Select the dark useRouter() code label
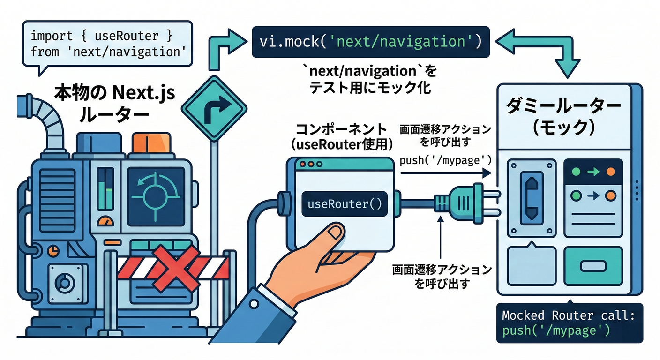coord(345,204)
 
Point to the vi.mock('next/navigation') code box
coord(370,42)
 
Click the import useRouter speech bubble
coord(107,44)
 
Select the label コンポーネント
coord(342,129)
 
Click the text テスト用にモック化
coord(370,87)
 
